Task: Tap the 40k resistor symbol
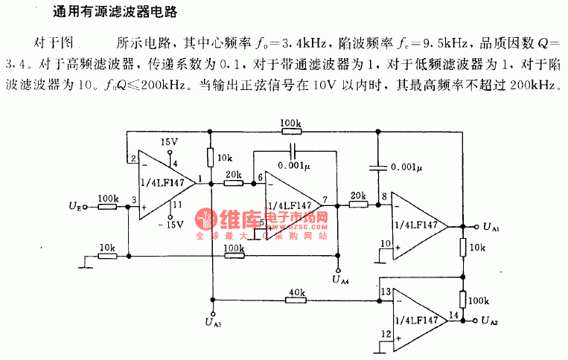click(x=295, y=300)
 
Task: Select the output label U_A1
click(x=491, y=226)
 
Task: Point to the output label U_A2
click(x=491, y=321)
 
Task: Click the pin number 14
click(x=452, y=315)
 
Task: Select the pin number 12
click(x=385, y=334)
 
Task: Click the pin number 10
click(x=385, y=243)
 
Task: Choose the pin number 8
click(x=384, y=196)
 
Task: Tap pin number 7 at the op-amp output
click(x=326, y=199)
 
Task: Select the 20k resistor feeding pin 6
click(x=232, y=181)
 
